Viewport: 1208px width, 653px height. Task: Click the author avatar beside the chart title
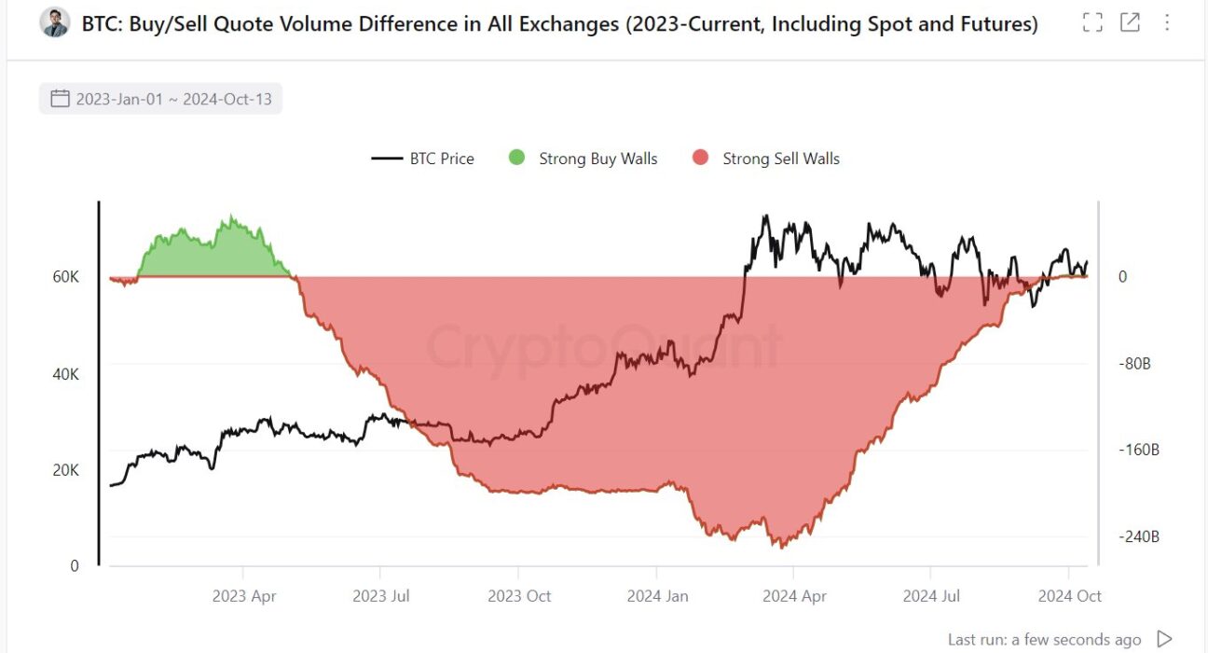[x=55, y=23]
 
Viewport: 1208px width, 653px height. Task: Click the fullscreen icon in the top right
[x=1092, y=23]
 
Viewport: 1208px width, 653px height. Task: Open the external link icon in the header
[x=1130, y=23]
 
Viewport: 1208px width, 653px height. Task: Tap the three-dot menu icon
[x=1167, y=23]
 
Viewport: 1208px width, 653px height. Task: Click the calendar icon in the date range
[x=60, y=99]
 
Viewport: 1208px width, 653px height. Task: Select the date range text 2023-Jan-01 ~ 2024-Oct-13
[x=173, y=99]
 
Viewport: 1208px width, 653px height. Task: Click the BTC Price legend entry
[x=423, y=159]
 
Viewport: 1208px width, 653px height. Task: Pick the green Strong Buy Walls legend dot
[x=516, y=159]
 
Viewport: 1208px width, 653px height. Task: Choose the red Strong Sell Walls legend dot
[x=701, y=159]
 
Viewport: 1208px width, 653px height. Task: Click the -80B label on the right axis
[x=1134, y=364]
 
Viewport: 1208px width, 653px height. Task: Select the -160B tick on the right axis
[x=1138, y=450]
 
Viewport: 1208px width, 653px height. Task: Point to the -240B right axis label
[x=1138, y=536]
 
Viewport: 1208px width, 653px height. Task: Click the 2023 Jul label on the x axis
[x=380, y=596]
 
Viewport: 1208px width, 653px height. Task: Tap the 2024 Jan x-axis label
[x=656, y=596]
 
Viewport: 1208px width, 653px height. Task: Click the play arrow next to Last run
[x=1164, y=639]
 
